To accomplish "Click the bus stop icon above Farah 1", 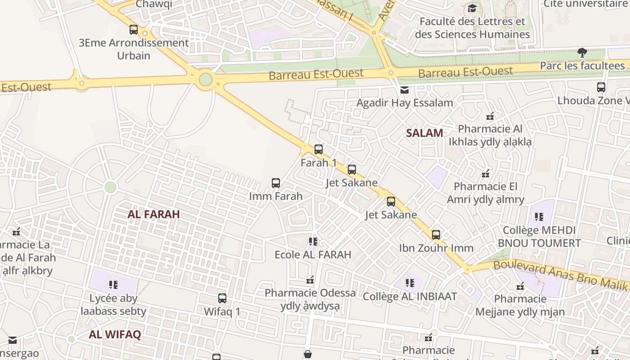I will point(319,149).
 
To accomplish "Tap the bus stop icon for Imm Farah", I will point(276,183).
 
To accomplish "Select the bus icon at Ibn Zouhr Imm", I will point(436,234).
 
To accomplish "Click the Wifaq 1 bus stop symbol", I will point(222,298).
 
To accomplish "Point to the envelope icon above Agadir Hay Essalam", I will point(405,90).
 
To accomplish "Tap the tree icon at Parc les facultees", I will point(582,53).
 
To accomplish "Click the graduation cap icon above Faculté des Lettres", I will point(472,8).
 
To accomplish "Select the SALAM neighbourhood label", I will point(424,133).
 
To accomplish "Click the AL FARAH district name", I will point(153,214).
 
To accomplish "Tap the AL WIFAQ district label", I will point(115,334).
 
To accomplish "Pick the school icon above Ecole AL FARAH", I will point(313,242).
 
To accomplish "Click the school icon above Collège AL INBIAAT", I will point(409,283).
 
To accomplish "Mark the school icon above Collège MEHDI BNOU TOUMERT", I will point(539,217).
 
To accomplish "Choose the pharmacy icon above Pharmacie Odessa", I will point(310,280).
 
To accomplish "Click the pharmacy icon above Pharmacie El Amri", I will point(486,174).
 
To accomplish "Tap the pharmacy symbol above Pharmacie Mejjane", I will point(520,286).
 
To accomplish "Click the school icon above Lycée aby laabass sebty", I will point(113,285).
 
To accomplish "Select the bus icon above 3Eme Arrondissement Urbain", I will point(134,30).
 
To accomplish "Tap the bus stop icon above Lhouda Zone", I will point(601,87).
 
